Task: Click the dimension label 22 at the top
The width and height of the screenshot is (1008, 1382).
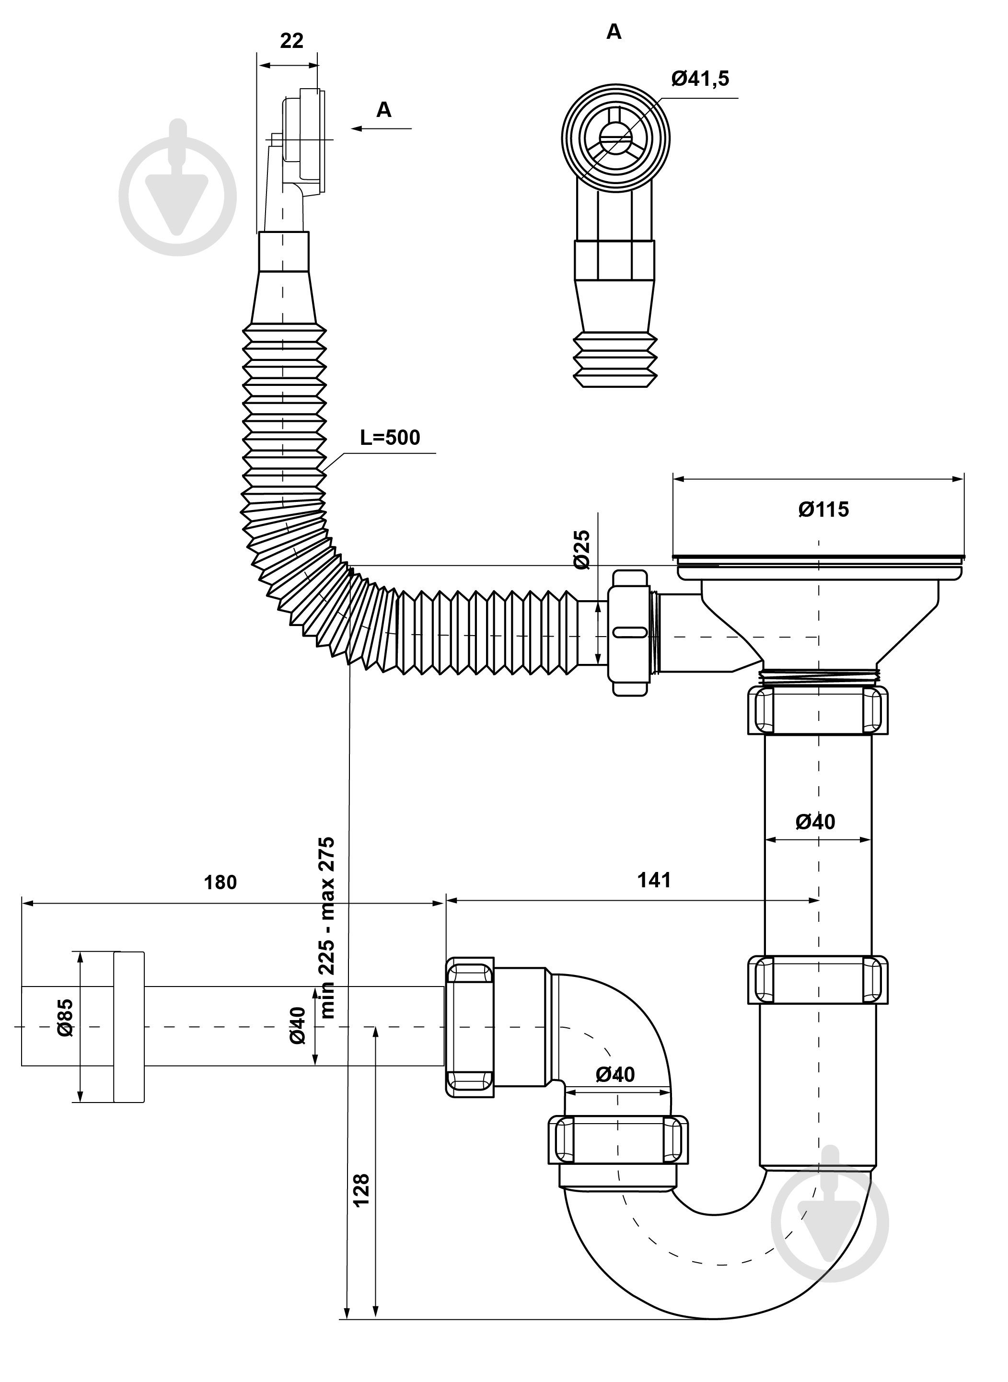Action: coord(291,41)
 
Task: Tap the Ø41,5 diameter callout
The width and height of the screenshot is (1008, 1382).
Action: coord(700,79)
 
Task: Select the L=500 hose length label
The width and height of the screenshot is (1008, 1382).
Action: coord(390,438)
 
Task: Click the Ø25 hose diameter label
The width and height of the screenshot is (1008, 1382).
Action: coord(583,550)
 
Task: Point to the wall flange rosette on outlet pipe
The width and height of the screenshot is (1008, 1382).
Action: coord(129,1027)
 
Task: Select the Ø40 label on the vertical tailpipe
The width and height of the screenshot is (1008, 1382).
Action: coord(815,822)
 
